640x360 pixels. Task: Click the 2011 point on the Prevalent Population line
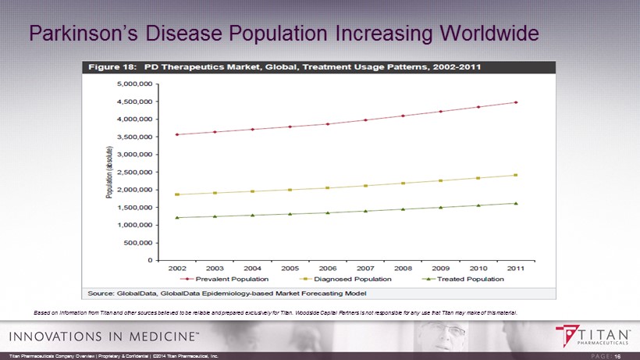[516, 102]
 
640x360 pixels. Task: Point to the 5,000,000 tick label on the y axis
[130, 84]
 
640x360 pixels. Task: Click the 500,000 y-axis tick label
[135, 243]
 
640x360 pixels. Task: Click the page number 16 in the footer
[617, 356]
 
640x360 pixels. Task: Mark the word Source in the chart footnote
[104, 293]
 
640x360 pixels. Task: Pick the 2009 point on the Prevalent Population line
[440, 112]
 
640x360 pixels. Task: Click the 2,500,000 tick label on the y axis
[130, 172]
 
